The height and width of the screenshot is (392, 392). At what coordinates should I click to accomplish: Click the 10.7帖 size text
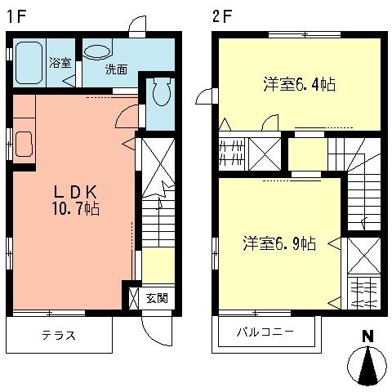pyautogui.click(x=75, y=210)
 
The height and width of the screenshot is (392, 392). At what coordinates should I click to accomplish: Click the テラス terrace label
pyautogui.click(x=59, y=335)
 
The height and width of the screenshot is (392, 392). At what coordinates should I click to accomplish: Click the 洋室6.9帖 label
pyautogui.click(x=279, y=243)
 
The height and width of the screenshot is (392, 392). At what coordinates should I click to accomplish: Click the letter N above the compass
pyautogui.click(x=367, y=334)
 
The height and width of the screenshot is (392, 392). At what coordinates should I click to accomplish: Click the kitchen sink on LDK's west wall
pyautogui.click(x=22, y=145)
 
